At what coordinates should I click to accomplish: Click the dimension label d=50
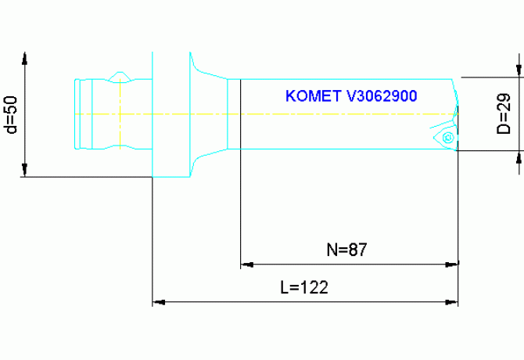11,114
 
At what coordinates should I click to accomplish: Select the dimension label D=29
504,114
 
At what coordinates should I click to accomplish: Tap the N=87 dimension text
346,250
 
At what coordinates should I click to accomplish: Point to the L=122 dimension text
303,287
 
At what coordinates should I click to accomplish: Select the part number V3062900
382,96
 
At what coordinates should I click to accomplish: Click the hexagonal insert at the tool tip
447,138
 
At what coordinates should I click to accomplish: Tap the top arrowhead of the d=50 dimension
26,59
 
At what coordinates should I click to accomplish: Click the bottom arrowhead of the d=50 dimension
26,170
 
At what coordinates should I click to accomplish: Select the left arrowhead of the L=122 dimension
157,301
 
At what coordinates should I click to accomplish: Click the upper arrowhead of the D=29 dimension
518,71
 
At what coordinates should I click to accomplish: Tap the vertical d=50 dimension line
26,114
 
